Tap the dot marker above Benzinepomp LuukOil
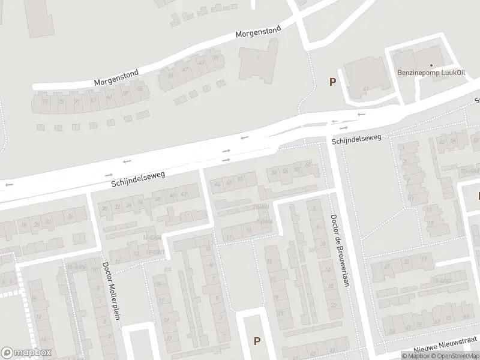[431, 64]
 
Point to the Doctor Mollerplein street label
[113, 292]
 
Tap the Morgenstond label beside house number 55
[116, 77]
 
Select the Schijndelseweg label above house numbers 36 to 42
[137, 178]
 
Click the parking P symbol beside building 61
[332, 82]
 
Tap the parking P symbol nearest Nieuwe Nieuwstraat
[257, 341]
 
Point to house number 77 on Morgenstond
[44, 102]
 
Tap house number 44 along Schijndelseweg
[217, 183]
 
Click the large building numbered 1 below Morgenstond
[258, 58]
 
